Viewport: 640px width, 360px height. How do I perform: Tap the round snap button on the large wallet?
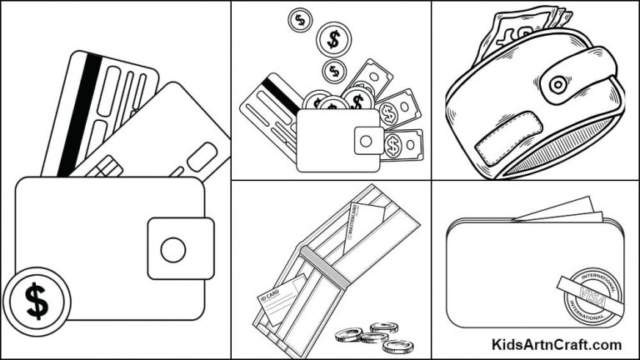pos(173,248)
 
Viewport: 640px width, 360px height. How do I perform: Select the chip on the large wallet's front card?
pos(107,167)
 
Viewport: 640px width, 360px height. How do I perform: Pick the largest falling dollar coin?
pos(334,37)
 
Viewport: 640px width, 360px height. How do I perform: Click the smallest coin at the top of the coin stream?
pos(299,18)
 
